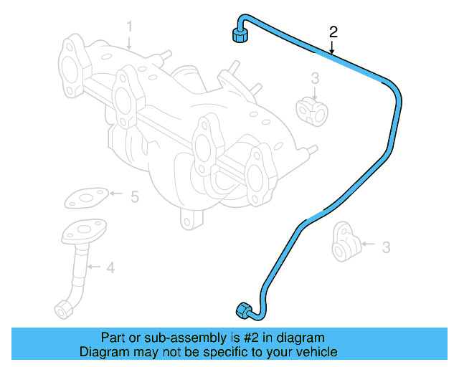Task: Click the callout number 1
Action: pyautogui.click(x=130, y=27)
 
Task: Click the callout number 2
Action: pyautogui.click(x=333, y=32)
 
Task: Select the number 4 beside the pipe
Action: pyautogui.click(x=110, y=269)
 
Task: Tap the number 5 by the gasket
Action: pyautogui.click(x=134, y=195)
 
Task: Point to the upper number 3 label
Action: pyautogui.click(x=315, y=77)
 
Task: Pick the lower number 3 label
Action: pyautogui.click(x=386, y=248)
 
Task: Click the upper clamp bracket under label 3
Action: pyautogui.click(x=311, y=108)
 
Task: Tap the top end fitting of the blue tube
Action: pyautogui.click(x=239, y=34)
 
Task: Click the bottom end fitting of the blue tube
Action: pyautogui.click(x=244, y=310)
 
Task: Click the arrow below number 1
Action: pyautogui.click(x=130, y=42)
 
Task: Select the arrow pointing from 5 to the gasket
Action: pyautogui.click(x=117, y=194)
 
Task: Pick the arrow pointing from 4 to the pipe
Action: pyautogui.click(x=95, y=268)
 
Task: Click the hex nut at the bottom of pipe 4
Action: pyautogui.click(x=63, y=309)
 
